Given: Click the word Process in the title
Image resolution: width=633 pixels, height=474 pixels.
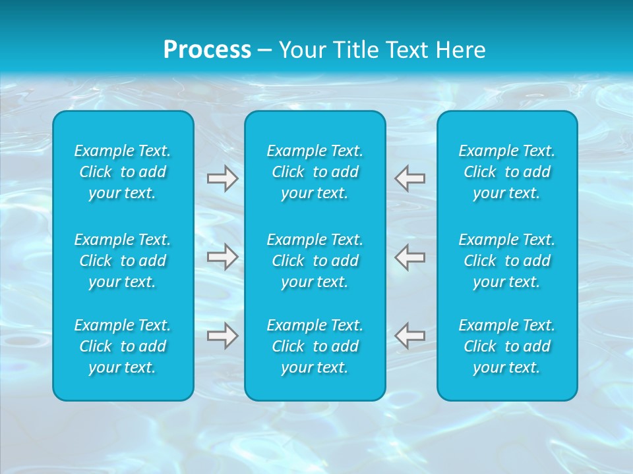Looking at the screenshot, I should pos(207,50).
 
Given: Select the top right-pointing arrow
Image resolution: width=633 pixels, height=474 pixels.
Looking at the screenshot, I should pos(223,178).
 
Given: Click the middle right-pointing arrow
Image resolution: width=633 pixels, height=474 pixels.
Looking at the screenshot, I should pos(223,257).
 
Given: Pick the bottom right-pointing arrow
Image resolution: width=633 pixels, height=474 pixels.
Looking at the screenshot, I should pos(223,336).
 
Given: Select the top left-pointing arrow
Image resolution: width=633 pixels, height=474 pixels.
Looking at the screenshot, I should pos(410,178).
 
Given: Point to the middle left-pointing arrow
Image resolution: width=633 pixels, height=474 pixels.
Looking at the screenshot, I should pos(410,257).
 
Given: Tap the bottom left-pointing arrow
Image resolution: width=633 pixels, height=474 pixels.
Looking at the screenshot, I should pos(410,336).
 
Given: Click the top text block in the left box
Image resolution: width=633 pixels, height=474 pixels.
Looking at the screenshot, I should pos(123,172).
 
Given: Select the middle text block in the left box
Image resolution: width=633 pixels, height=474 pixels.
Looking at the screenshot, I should pos(123,261).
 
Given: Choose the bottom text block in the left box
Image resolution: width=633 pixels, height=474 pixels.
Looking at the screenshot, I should pos(123,346).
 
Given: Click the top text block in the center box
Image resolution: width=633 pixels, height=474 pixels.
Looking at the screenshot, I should pos(315,172).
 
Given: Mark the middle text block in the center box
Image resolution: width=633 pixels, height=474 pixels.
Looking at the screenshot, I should pos(315,261).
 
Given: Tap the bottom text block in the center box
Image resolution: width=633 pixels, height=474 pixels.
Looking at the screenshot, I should pos(315,346).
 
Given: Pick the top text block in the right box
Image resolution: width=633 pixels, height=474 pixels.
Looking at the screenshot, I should pos(507,172).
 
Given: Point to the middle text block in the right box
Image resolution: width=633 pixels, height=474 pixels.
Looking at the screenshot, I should pos(507,261).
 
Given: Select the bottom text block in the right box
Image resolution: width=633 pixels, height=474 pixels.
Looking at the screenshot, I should pos(507,346).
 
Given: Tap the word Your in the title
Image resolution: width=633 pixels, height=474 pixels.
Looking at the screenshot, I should pos(301,50).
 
